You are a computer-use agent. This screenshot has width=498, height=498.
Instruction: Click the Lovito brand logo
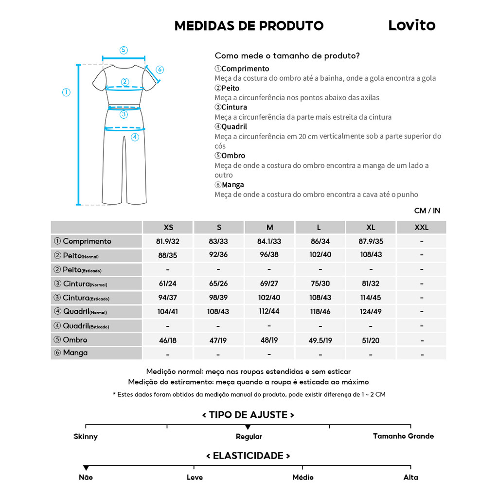point(411,26)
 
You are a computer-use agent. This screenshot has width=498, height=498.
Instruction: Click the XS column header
point(168,227)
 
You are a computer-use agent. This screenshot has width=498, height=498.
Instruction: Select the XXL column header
point(421,227)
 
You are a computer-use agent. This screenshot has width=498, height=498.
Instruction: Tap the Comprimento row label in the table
point(83,241)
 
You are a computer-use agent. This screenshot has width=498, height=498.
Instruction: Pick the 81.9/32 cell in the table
point(168,241)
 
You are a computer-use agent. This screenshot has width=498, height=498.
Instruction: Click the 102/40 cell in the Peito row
point(320,255)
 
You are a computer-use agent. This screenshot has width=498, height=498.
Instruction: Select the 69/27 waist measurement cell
point(269,284)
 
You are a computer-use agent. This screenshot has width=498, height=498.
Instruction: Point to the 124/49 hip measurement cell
point(371,312)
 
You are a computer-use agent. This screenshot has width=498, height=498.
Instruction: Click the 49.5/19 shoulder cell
point(320,340)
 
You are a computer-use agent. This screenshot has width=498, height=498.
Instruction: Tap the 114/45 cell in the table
point(371,298)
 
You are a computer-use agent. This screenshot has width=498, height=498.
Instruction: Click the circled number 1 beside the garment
point(67,92)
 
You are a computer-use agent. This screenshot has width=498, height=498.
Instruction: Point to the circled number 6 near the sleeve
point(160,70)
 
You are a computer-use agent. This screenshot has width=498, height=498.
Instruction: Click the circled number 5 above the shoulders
point(124,50)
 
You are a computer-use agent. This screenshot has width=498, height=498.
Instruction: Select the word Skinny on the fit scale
point(86,437)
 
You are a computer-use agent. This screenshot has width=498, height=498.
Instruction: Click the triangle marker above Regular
point(248,427)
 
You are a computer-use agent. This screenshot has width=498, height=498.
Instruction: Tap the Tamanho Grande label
point(403,436)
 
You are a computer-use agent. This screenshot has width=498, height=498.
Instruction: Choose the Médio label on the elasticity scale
point(303,478)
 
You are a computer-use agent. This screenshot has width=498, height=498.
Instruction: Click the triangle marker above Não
point(86,468)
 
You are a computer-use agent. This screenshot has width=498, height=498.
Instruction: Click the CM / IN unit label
point(427,211)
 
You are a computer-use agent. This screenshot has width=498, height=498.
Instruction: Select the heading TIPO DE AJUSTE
point(248,415)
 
